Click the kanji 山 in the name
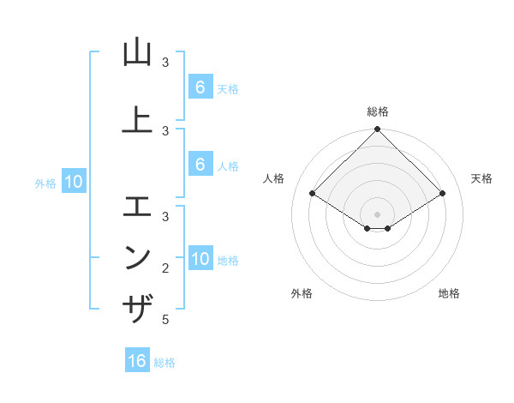pyautogui.click(x=138, y=53)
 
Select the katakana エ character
pyautogui.click(x=138, y=207)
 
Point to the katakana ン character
pyautogui.click(x=138, y=257)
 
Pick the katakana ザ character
pyautogui.click(x=138, y=308)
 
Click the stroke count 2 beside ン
pyautogui.click(x=165, y=268)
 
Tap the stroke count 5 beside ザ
pyautogui.click(x=165, y=320)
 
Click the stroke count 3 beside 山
pyautogui.click(x=165, y=63)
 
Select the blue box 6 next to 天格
pyautogui.click(x=200, y=87)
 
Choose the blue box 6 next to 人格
pyautogui.click(x=200, y=165)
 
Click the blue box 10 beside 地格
pyautogui.click(x=200, y=259)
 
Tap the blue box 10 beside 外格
pyautogui.click(x=73, y=181)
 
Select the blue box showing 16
pyautogui.click(x=137, y=361)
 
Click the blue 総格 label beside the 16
pyautogui.click(x=164, y=363)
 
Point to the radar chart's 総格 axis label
pyautogui.click(x=378, y=111)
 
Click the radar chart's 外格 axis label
pyautogui.click(x=302, y=293)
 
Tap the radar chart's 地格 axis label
pyautogui.click(x=449, y=293)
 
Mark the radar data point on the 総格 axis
pyautogui.click(x=378, y=129)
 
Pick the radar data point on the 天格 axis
pyautogui.click(x=443, y=194)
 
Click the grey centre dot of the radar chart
pyautogui.click(x=378, y=214)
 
